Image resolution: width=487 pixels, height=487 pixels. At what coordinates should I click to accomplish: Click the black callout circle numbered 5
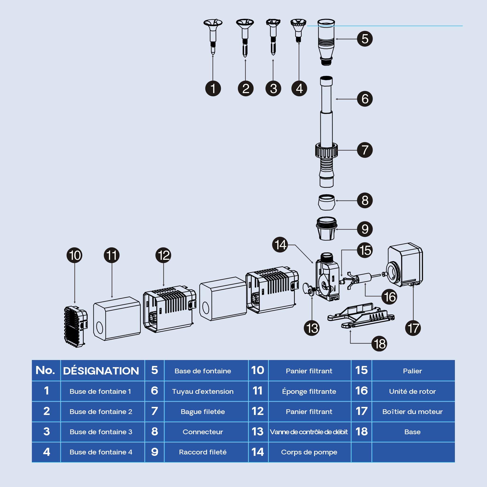click(x=365, y=39)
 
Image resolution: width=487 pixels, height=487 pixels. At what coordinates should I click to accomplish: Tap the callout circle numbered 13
click(x=312, y=328)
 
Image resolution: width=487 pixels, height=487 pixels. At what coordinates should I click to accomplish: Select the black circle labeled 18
click(x=379, y=344)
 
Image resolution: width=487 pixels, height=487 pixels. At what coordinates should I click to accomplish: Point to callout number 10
click(x=75, y=255)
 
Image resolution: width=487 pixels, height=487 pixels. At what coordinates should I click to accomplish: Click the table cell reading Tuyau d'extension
click(x=203, y=391)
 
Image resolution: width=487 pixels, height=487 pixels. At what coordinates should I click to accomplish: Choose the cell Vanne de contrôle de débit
click(x=309, y=432)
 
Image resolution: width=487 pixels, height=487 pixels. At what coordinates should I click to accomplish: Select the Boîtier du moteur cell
click(x=413, y=412)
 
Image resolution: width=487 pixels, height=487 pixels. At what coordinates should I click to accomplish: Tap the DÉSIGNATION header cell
click(x=101, y=370)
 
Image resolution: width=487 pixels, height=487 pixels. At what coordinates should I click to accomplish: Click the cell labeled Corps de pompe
click(x=309, y=452)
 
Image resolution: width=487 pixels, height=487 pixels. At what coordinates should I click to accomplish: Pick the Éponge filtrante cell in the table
click(x=309, y=391)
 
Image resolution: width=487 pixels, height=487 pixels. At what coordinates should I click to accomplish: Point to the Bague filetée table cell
click(x=203, y=412)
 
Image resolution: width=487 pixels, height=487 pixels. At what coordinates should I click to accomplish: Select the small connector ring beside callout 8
click(x=326, y=202)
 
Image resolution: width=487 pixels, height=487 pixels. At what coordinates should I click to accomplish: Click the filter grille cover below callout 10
click(x=75, y=327)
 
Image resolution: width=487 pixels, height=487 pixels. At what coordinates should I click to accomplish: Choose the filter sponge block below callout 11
click(x=117, y=319)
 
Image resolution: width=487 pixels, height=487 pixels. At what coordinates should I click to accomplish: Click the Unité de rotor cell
click(x=413, y=391)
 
